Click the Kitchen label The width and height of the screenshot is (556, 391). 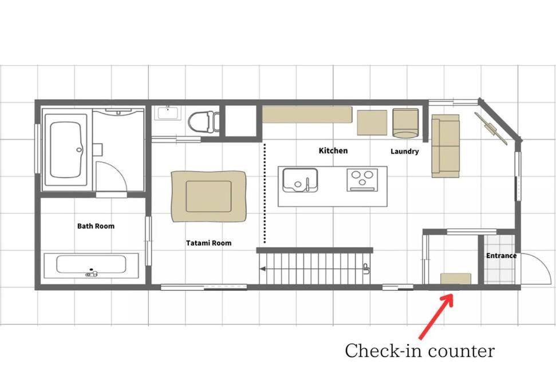(x=333, y=151)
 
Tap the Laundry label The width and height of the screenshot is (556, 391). (x=405, y=151)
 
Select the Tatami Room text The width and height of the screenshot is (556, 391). (x=208, y=243)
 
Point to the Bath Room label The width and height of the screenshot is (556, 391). (x=96, y=226)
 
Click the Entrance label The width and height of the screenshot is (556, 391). (x=501, y=255)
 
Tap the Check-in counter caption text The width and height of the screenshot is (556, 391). (x=420, y=350)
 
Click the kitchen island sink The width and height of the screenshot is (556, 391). (x=299, y=180)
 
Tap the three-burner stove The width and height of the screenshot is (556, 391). (x=362, y=180)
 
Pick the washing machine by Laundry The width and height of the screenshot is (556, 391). (x=405, y=123)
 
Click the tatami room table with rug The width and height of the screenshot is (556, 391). (x=208, y=196)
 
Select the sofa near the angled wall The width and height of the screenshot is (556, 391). (x=445, y=145)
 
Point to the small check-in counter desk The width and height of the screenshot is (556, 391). (x=456, y=278)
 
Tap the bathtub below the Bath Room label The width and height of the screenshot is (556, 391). (x=91, y=265)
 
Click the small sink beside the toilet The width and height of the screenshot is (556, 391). (x=167, y=113)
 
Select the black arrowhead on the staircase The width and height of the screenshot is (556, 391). (x=263, y=269)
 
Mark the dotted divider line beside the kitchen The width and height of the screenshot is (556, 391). (x=265, y=193)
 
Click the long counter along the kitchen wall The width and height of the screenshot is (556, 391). (x=307, y=114)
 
